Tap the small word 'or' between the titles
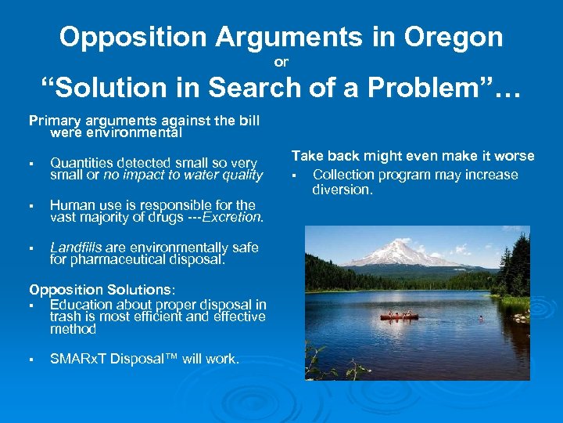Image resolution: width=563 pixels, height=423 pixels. [x=282, y=61]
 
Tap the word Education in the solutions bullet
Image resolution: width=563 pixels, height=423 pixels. [x=79, y=304]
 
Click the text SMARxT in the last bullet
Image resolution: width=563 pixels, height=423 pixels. [x=75, y=359]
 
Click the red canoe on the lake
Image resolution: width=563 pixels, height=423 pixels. [x=399, y=316]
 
